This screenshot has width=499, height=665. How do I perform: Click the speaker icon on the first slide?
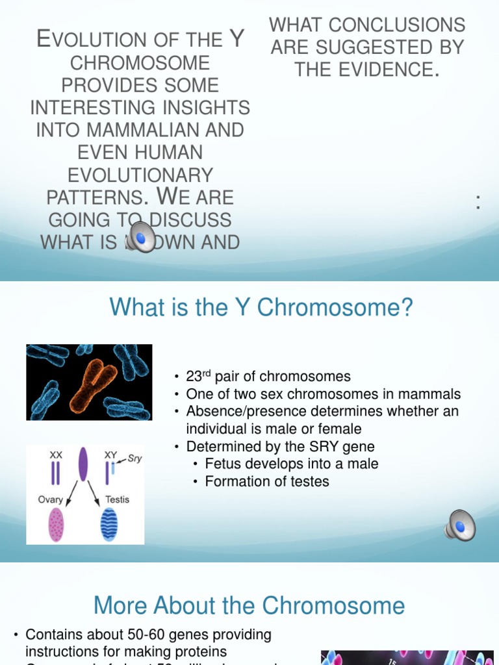[x=142, y=237]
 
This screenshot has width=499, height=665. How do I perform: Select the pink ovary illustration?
[x=57, y=525]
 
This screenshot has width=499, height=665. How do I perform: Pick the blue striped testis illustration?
[x=109, y=525]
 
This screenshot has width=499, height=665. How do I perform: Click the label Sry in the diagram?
[x=134, y=458]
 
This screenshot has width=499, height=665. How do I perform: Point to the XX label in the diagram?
[x=57, y=456]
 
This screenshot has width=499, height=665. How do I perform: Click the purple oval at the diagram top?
[x=83, y=462]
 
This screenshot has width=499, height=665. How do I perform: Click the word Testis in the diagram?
[x=117, y=499]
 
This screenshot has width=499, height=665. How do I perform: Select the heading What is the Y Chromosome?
[x=261, y=307]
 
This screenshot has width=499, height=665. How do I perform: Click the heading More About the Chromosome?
[x=249, y=606]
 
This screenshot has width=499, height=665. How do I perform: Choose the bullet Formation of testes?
[x=267, y=481]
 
